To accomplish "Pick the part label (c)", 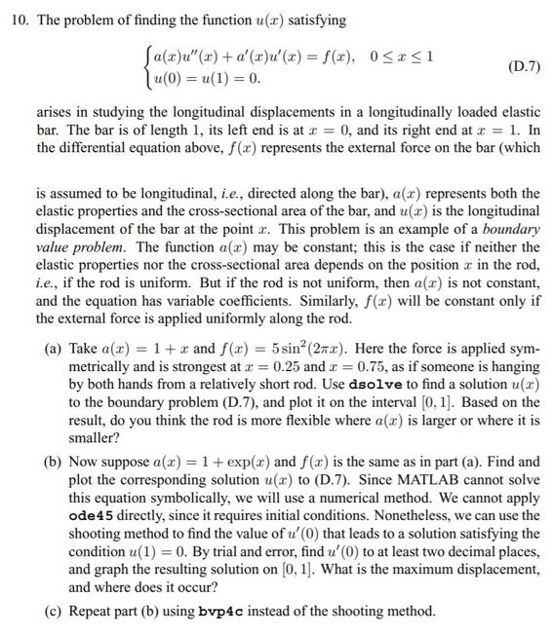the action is click(57, 612).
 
